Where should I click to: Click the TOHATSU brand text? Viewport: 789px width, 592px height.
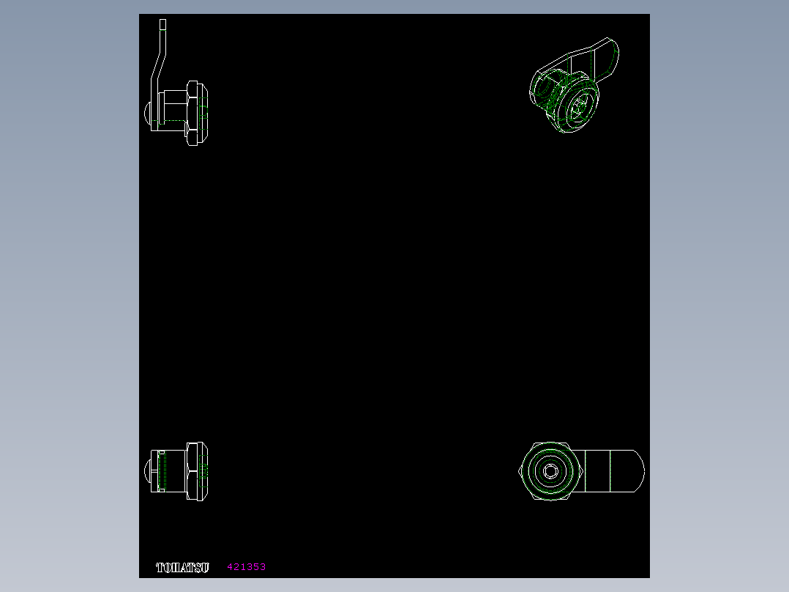tap(182, 567)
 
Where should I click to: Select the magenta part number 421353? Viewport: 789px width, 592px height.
tap(246, 567)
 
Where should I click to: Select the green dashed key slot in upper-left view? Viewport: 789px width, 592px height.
tap(173, 120)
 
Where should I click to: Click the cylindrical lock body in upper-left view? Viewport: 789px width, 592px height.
tap(171, 106)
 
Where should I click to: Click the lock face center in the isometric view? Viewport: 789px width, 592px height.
tap(579, 108)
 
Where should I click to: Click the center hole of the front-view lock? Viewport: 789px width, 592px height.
tap(550, 471)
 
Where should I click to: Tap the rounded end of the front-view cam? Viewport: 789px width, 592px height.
tap(636, 471)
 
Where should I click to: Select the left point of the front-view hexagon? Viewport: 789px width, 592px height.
tap(520, 471)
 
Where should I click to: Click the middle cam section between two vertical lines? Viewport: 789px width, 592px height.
tap(597, 471)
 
